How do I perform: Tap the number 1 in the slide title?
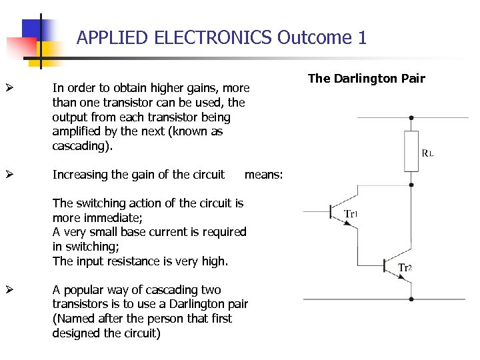pyautogui.click(x=362, y=37)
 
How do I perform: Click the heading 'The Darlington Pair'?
pyautogui.click(x=366, y=79)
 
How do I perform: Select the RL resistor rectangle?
pyautogui.click(x=411, y=151)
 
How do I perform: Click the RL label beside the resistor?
pyautogui.click(x=427, y=153)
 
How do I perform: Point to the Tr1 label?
pyautogui.click(x=351, y=214)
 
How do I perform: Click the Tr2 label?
pyautogui.click(x=405, y=267)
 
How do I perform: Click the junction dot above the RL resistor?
pyautogui.click(x=411, y=117)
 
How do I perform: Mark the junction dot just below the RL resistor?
pyautogui.click(x=411, y=173)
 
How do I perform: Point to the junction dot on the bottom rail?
pyautogui.click(x=411, y=300)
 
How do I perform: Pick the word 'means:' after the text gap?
pyautogui.click(x=264, y=175)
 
